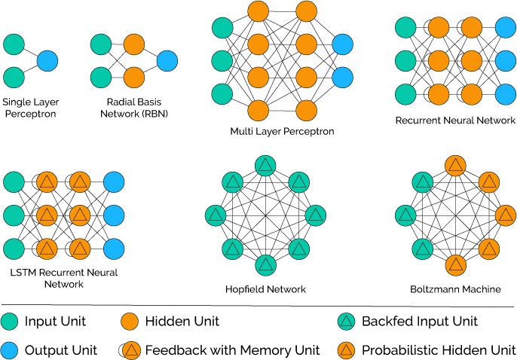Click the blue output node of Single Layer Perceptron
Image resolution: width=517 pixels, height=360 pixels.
[47, 59]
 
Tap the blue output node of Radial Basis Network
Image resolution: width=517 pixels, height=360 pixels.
[167, 59]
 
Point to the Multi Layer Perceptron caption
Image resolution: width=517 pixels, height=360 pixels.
[282, 131]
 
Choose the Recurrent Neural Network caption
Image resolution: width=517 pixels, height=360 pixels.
[455, 121]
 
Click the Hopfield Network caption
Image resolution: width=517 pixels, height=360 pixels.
[265, 289]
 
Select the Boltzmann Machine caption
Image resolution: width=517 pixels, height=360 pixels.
[454, 289]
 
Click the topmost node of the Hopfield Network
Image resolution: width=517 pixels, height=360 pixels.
[265, 166]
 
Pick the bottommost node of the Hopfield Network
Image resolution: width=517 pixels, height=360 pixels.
[265, 264]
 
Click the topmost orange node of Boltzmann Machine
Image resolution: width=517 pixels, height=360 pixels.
[454, 166]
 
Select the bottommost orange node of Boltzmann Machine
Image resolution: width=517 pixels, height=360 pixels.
[454, 264]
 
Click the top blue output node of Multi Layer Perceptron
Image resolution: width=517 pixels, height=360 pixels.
[342, 46]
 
